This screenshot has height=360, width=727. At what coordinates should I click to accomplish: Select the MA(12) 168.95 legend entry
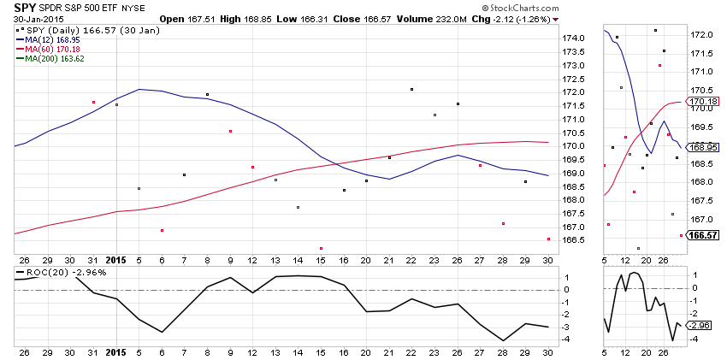(53, 38)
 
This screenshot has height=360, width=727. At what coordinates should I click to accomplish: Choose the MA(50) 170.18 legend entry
(53, 49)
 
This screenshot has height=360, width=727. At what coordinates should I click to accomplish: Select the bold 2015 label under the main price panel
(116, 258)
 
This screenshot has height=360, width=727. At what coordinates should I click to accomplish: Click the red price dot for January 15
(321, 249)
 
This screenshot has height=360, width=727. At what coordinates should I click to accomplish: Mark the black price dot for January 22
(411, 89)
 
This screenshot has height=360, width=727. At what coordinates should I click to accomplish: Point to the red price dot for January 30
(548, 239)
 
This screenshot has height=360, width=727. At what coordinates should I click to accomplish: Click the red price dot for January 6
(162, 230)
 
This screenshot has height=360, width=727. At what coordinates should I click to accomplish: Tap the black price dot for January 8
(208, 94)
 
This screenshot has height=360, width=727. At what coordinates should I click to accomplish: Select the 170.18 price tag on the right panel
(706, 101)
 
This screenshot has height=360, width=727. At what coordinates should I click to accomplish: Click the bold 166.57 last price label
(705, 235)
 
